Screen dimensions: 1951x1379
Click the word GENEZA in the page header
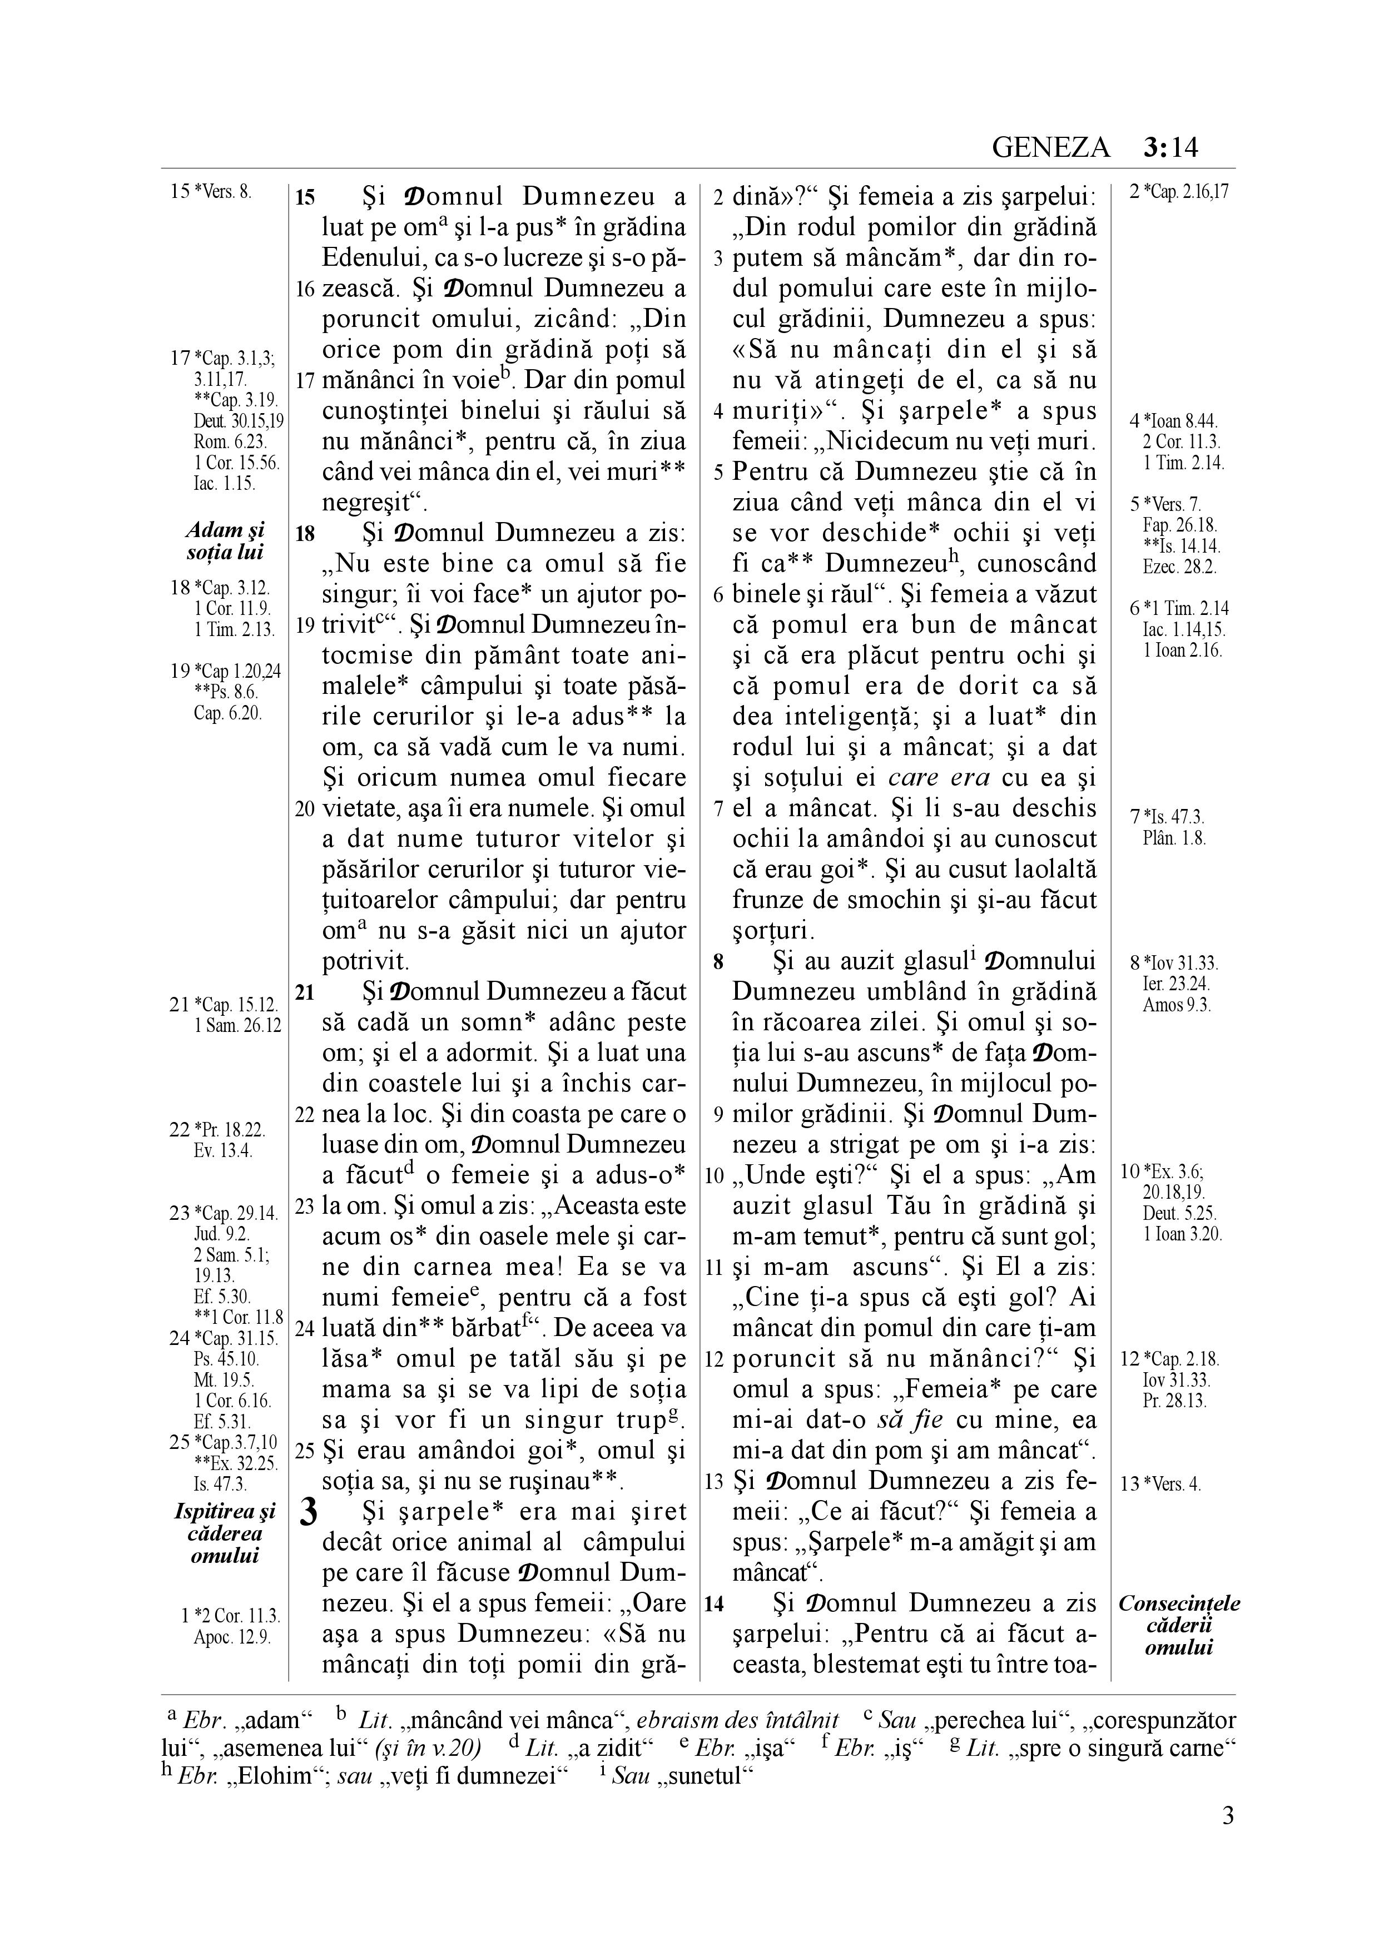(x=1051, y=148)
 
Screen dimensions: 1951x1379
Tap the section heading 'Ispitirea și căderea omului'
(x=225, y=1534)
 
